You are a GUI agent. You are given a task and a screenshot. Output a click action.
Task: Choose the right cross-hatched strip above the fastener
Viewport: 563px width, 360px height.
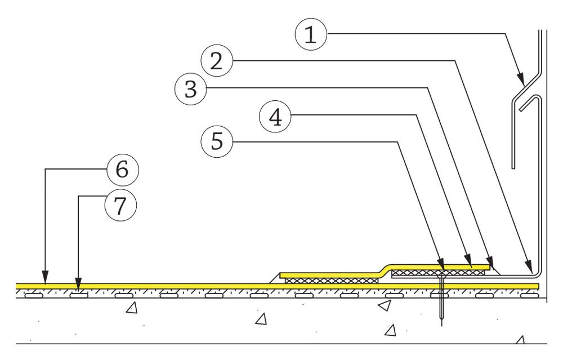pyautogui.click(x=439, y=272)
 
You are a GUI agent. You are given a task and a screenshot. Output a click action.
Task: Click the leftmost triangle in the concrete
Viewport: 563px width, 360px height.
pyautogui.click(x=131, y=308)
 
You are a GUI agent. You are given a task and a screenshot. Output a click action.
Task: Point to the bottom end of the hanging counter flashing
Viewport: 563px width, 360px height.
pyautogui.click(x=514, y=167)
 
